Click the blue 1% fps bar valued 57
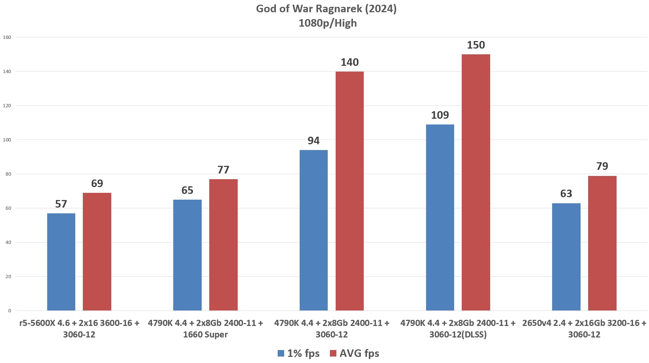tap(61, 262)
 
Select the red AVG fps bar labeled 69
tap(97, 251)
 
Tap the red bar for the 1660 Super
tap(223, 245)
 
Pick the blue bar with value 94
tap(314, 230)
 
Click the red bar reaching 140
tap(349, 191)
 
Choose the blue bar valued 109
tap(440, 217)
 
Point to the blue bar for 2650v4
tap(566, 257)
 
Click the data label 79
tap(602, 166)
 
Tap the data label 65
tap(187, 190)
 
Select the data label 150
tap(476, 45)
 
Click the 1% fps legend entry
tap(299, 353)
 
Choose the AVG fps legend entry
tap(354, 353)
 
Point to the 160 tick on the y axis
tap(7, 37)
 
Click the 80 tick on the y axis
tap(8, 174)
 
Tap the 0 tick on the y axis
tap(9, 311)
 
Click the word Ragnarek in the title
tap(339, 9)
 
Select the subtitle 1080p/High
tap(327, 23)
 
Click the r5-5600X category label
tap(79, 328)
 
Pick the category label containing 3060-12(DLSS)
tap(458, 328)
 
